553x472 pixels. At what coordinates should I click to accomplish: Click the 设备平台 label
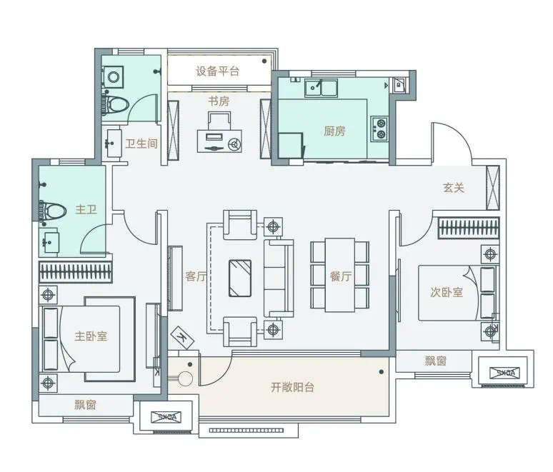[x=217, y=71]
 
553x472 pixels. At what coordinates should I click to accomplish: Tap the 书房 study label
[x=219, y=101]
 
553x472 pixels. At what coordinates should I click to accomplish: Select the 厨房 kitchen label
[x=334, y=131]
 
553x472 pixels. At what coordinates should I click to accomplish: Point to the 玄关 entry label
[x=454, y=188]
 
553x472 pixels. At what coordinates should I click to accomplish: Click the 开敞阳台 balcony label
[x=292, y=388]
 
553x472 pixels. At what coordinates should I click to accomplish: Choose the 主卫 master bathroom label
[x=86, y=210]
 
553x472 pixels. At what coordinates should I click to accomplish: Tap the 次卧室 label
[x=447, y=292]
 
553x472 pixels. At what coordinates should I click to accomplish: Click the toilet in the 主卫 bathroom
[x=53, y=211]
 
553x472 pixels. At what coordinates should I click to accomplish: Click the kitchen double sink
[x=321, y=88]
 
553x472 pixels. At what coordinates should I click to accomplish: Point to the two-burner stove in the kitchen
[x=379, y=129]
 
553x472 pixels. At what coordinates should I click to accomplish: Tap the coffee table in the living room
[x=240, y=278]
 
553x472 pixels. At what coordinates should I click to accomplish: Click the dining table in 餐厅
[x=340, y=276]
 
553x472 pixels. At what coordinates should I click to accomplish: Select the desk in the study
[x=219, y=141]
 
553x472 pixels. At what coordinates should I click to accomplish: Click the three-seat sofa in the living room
[x=279, y=278]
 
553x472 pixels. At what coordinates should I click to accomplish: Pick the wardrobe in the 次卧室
[x=469, y=227]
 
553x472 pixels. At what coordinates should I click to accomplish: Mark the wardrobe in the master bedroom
[x=76, y=272]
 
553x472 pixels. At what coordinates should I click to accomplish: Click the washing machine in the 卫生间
[x=112, y=77]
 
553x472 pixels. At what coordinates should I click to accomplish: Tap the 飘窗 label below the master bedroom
[x=85, y=405]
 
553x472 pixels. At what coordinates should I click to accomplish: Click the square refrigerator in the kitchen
[x=291, y=145]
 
